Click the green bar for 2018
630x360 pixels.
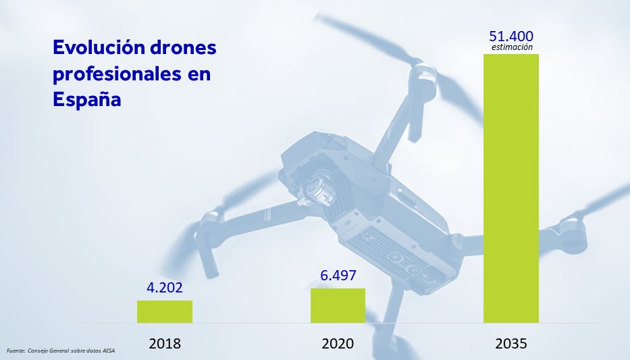click(x=165, y=311)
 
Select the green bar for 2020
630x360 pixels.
click(x=338, y=305)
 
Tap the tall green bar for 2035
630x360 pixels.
click(x=511, y=188)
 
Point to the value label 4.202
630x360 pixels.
click(x=165, y=286)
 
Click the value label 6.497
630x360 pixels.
click(x=338, y=276)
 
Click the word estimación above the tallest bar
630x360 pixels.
click(x=512, y=47)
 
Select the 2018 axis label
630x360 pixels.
click(x=165, y=343)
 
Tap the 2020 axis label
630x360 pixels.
click(x=338, y=343)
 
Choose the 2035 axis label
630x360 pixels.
click(x=511, y=343)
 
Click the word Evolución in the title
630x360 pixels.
click(x=94, y=48)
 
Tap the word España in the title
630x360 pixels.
click(x=86, y=99)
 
